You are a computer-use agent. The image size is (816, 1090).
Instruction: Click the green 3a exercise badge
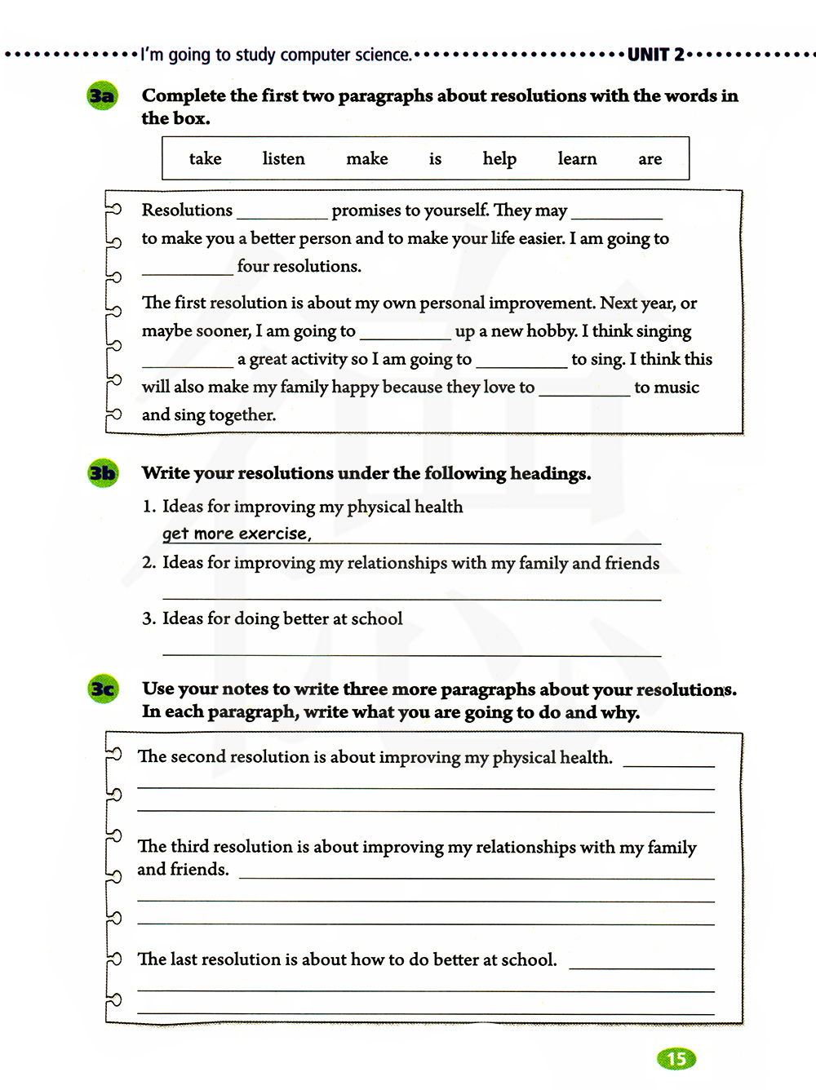point(102,96)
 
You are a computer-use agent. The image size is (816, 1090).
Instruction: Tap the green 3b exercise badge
point(103,473)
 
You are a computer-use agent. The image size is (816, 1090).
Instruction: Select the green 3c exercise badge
point(103,689)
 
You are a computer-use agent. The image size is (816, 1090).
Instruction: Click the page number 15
point(676,1059)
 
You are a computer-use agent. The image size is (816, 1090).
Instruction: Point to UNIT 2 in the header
point(656,55)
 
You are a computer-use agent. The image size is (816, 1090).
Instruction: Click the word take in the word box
point(206,158)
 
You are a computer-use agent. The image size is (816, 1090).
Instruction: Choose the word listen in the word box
point(283,158)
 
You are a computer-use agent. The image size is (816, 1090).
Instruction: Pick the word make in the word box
point(367,158)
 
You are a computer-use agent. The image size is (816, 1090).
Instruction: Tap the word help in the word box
point(499,158)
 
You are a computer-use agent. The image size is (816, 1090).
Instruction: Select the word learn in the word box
point(577,158)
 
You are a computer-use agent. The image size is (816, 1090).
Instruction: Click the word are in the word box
point(650,158)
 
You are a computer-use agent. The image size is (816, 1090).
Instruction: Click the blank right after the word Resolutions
point(282,214)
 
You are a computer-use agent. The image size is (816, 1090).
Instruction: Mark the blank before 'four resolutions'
point(188,270)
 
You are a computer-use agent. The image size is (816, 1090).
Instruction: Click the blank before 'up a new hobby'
point(405,335)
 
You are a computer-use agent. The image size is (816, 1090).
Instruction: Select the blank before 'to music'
point(584,391)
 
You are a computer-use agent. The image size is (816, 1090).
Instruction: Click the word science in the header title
point(383,55)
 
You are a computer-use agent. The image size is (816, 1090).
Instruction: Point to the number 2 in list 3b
point(148,562)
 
